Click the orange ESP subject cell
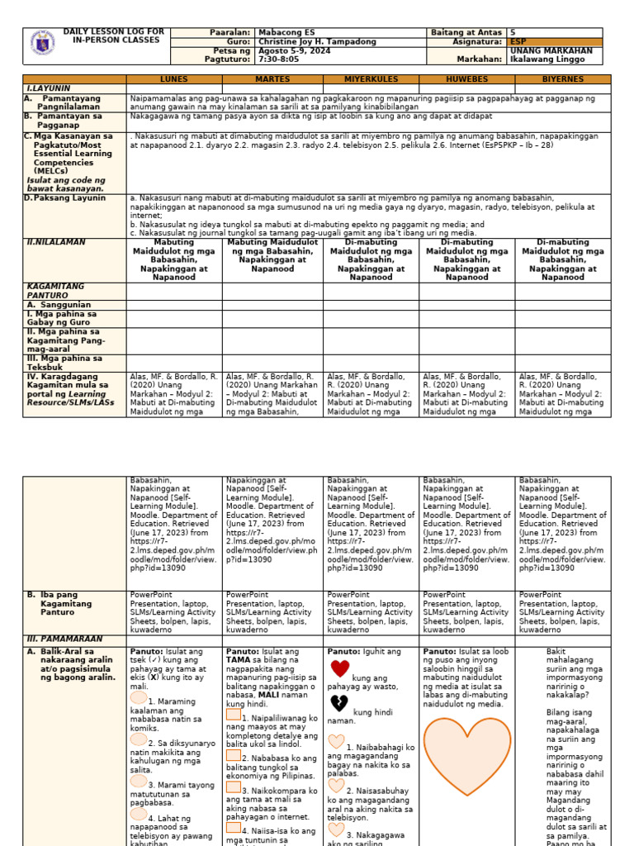click(x=561, y=41)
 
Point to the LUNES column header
click(x=174, y=79)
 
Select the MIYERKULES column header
click(x=371, y=79)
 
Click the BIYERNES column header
click(x=563, y=79)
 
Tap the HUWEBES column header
click(x=467, y=79)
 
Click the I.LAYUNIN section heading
click(x=49, y=88)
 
